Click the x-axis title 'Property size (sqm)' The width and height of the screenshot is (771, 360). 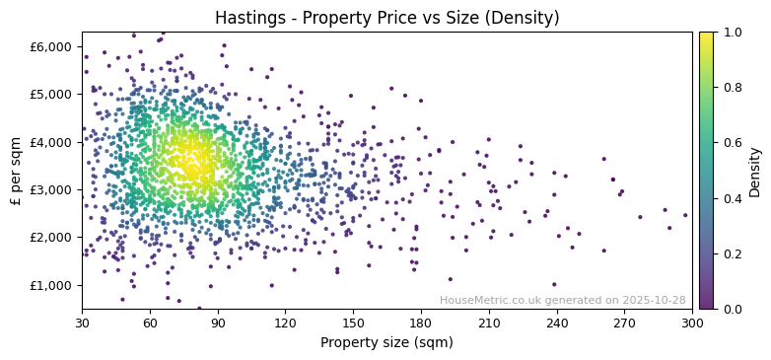click(x=386, y=343)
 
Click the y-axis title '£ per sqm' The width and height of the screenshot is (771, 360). click(x=16, y=170)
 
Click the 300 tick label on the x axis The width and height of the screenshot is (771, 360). click(x=692, y=323)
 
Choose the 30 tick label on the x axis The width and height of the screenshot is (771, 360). click(x=82, y=323)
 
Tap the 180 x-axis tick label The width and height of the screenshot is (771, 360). click(x=421, y=323)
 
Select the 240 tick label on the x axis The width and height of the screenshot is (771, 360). click(x=556, y=323)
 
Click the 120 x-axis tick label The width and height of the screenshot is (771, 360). click(x=285, y=323)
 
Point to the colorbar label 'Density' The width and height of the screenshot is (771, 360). click(x=754, y=170)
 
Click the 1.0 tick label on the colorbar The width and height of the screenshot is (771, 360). click(x=732, y=33)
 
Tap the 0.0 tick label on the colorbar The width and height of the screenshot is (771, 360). click(x=732, y=309)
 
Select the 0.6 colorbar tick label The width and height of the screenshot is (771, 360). click(x=732, y=143)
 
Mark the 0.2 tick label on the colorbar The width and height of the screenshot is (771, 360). click(x=732, y=253)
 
